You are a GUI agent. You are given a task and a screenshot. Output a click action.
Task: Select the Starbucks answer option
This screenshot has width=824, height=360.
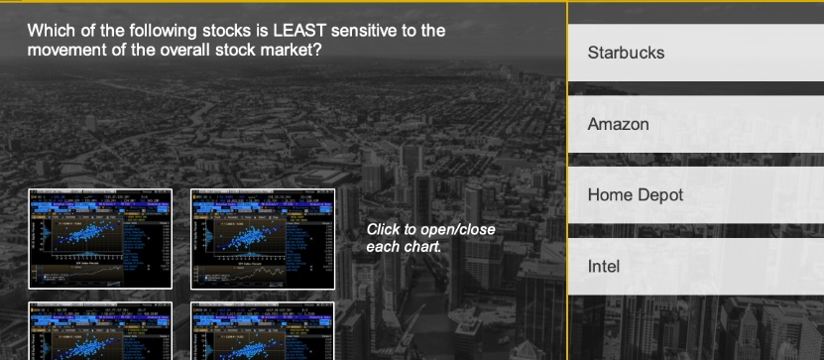click(694, 53)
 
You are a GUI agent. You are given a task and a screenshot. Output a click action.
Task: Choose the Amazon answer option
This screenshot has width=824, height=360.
click(694, 125)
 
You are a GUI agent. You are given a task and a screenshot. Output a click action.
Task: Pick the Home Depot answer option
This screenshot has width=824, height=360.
click(694, 195)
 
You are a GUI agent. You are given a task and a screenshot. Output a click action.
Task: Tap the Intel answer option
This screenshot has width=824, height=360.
click(694, 267)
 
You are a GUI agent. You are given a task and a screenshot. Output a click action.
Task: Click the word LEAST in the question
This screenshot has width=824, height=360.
click(288, 31)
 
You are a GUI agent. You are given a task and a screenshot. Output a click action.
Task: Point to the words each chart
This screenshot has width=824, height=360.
click(403, 245)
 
